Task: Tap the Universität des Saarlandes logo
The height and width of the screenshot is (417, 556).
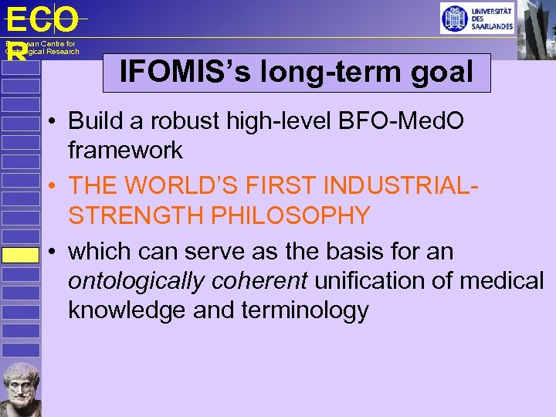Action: (476, 18)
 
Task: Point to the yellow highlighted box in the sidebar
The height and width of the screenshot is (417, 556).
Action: (20, 256)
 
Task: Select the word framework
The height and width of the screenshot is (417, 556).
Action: (125, 150)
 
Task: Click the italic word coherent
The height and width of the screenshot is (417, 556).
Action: (256, 281)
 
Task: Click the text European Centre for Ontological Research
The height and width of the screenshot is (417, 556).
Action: (42, 48)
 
